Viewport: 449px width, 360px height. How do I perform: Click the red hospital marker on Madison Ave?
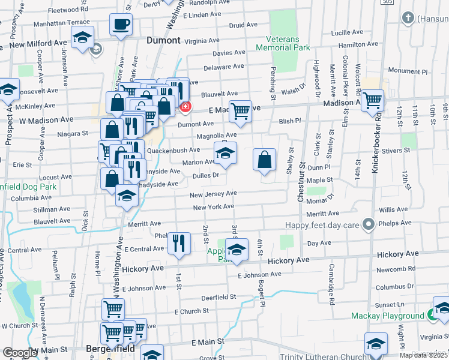pyautogui.click(x=185, y=107)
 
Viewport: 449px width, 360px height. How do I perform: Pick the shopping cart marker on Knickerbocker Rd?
pyautogui.click(x=373, y=100)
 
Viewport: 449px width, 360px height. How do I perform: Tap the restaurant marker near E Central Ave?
pyautogui.click(x=179, y=242)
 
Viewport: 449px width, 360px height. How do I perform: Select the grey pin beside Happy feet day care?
pyautogui.click(x=369, y=225)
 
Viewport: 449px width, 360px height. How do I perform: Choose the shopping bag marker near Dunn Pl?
pyautogui.click(x=264, y=160)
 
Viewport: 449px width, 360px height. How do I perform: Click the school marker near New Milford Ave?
pyautogui.click(x=83, y=37)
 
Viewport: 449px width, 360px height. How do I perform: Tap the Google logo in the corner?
pyautogui.click(x=20, y=353)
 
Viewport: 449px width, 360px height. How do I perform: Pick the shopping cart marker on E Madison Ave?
pyautogui.click(x=240, y=110)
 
